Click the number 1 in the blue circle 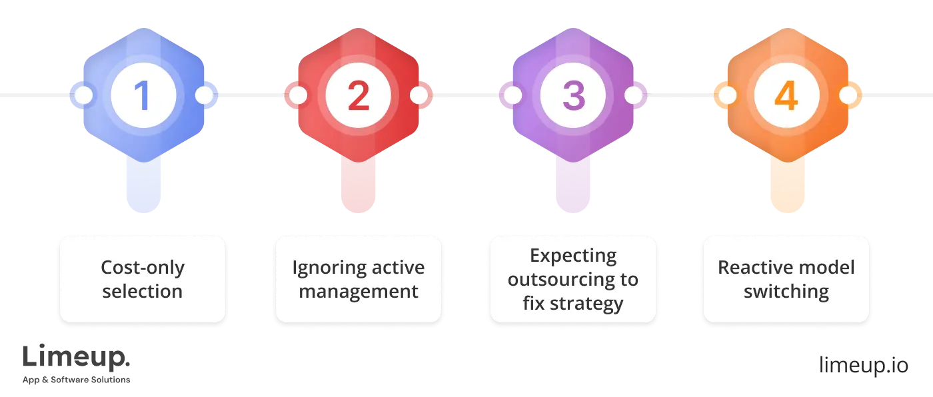click(x=143, y=96)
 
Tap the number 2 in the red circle click(x=358, y=96)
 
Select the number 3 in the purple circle click(x=573, y=96)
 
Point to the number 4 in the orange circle click(x=786, y=96)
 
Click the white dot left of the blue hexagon click(x=84, y=95)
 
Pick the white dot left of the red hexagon click(x=298, y=95)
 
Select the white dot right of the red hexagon click(x=419, y=95)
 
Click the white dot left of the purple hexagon click(x=512, y=95)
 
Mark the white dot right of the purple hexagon click(x=633, y=95)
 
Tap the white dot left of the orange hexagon click(x=727, y=95)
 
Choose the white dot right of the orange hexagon click(x=847, y=95)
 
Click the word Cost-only click(x=143, y=268)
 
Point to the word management click(x=359, y=292)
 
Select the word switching click(x=786, y=292)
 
